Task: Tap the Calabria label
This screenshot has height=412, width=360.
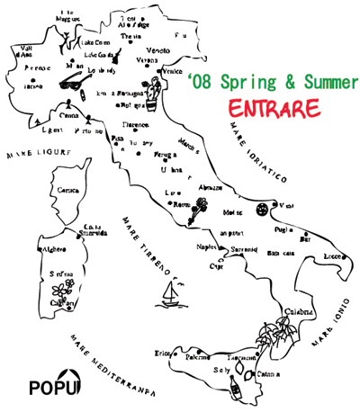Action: [x=300, y=312]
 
